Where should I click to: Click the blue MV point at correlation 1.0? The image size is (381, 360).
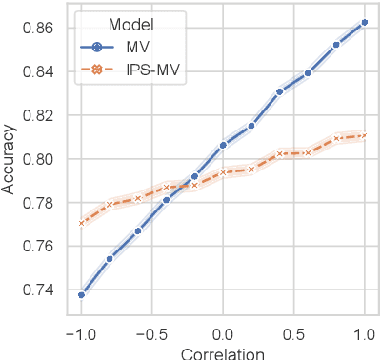365,22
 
